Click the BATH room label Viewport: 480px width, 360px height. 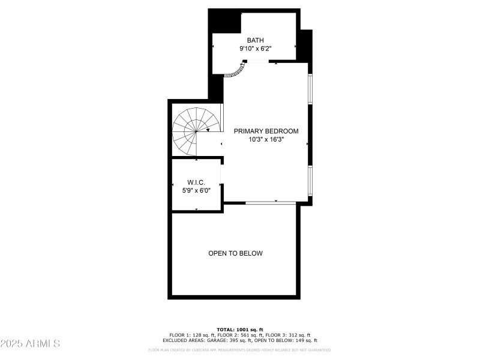tap(255, 40)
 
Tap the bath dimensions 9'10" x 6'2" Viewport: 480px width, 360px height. tap(255, 48)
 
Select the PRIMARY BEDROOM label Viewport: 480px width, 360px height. tap(266, 131)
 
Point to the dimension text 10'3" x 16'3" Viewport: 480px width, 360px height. tap(266, 139)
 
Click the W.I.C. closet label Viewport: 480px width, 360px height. tap(196, 182)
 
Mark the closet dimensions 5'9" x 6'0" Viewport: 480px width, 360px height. tap(196, 190)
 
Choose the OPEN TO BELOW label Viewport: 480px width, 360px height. tap(235, 253)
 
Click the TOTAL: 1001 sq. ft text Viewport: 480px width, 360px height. tap(240, 329)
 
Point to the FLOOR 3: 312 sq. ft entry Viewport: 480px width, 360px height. tap(287, 335)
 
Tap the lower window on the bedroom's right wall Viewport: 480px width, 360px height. tap(310, 180)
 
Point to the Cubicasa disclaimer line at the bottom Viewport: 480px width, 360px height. tap(240, 350)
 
